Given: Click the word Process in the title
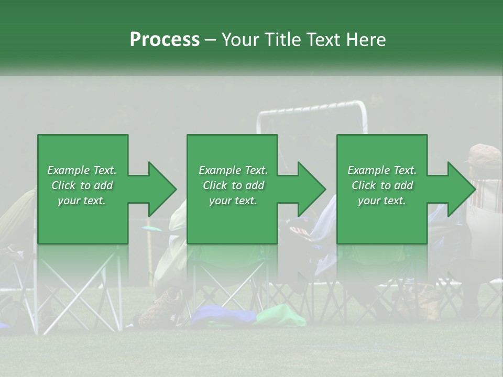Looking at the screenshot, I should [165, 40].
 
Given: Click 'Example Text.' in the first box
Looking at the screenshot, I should [82, 170].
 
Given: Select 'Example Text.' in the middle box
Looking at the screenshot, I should [233, 170].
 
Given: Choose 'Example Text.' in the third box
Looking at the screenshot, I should [382, 170].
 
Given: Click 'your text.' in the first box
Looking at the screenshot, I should [82, 201].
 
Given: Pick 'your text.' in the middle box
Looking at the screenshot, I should [233, 201].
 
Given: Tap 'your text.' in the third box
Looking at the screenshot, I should [382, 201].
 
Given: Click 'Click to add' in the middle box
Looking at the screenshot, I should [233, 185].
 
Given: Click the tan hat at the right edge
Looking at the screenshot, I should [485, 154].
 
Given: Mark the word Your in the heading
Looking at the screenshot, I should [239, 40].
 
